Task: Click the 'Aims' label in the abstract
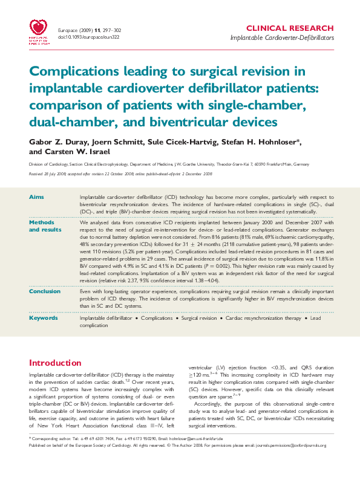point(36,198)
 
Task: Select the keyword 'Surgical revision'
point(199,318)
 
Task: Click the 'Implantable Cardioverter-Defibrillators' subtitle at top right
point(282,37)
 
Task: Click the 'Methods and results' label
point(45,226)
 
